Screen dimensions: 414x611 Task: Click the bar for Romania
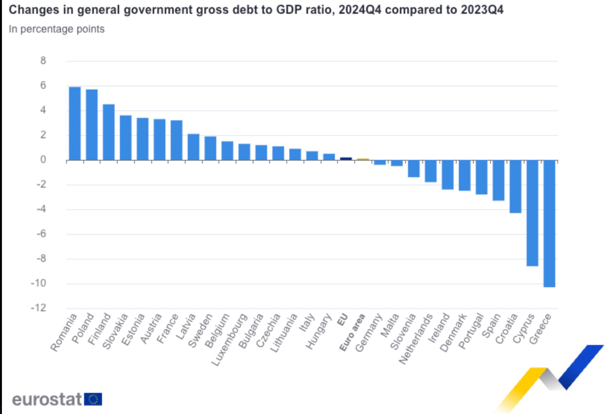75,123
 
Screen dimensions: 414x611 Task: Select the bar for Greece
549,223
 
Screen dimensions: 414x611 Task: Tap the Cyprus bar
532,213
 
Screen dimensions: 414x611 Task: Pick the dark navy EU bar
346,158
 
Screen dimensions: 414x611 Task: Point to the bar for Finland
109,132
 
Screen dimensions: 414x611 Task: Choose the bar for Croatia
516,187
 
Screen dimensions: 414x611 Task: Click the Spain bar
498,180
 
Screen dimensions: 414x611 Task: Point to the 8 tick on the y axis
43,61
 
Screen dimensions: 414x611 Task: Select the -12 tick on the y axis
40,308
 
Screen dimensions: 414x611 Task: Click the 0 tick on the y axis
43,160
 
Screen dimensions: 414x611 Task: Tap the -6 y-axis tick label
41,234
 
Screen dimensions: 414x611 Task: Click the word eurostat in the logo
46,399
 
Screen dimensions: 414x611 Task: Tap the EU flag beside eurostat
93,399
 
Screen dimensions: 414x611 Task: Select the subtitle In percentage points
57,29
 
